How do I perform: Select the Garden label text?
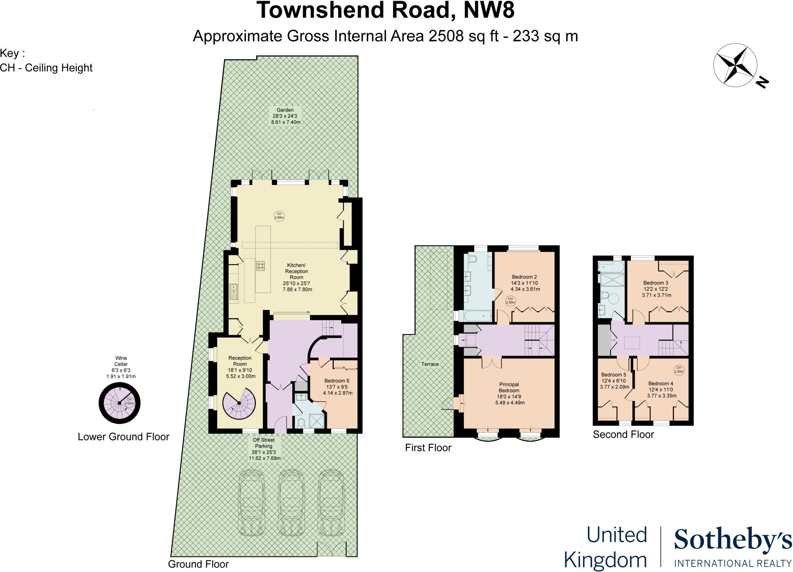(285, 116)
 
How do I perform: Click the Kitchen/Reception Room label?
(297, 277)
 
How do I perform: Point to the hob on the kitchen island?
(260, 266)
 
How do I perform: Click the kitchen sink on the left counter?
(233, 291)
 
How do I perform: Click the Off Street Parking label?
(264, 449)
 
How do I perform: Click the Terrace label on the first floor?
(430, 364)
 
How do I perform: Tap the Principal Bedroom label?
(509, 393)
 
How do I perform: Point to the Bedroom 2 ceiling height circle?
(510, 301)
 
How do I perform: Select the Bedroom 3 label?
(656, 289)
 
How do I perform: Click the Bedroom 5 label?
(614, 380)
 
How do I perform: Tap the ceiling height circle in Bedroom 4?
(679, 370)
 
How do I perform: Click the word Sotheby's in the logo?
(733, 540)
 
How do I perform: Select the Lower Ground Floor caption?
(124, 437)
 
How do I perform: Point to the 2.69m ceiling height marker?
(279, 216)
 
